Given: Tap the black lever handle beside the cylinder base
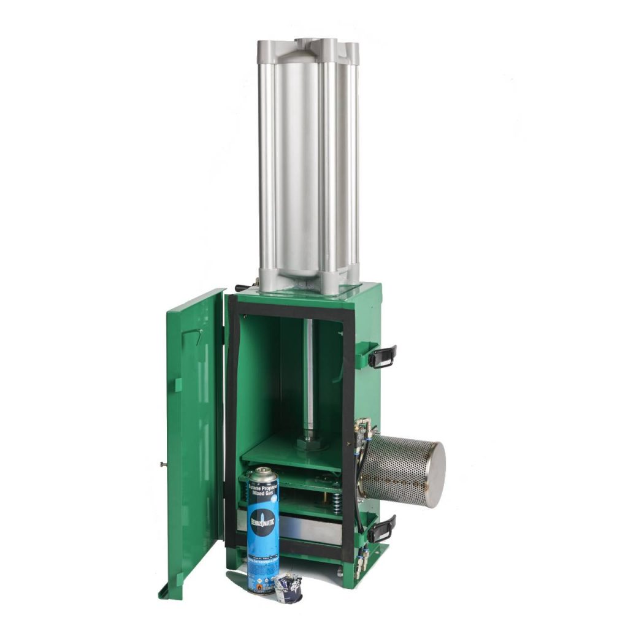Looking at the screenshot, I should [243, 287].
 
